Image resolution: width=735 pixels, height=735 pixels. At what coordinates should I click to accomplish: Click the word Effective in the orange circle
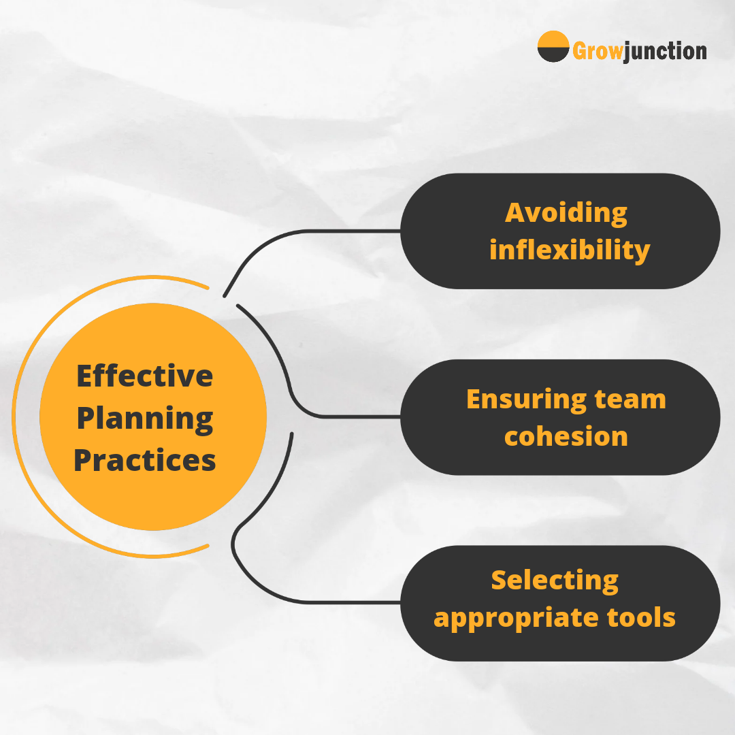click(144, 376)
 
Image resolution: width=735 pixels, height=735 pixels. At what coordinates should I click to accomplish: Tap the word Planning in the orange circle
click(145, 419)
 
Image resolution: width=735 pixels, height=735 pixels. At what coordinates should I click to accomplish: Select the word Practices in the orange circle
click(144, 460)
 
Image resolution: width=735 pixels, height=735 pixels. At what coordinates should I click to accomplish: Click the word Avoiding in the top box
click(566, 214)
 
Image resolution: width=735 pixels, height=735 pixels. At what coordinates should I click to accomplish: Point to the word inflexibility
click(570, 250)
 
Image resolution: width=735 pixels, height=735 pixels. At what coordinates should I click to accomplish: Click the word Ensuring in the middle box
click(527, 400)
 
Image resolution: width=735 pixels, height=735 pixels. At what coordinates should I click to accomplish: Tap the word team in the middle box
click(630, 400)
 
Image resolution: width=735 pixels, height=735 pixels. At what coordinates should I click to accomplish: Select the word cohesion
click(566, 436)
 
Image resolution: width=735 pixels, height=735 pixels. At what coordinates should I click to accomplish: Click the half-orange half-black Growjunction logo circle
click(553, 46)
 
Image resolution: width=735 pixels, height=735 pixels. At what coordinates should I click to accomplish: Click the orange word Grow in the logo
click(598, 51)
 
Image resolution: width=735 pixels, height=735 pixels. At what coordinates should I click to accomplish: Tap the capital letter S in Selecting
click(500, 581)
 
